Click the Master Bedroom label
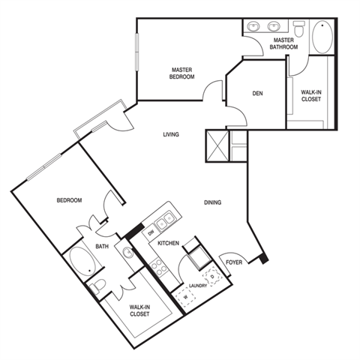click(181, 73)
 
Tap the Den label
click(257, 93)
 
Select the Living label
click(171, 134)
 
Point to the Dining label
click(212, 202)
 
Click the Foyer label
click(234, 262)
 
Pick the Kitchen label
click(168, 243)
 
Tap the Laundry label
click(198, 286)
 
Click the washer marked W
click(186, 298)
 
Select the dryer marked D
click(212, 276)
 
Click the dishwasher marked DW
click(151, 233)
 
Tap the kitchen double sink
click(165, 220)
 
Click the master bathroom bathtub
click(322, 37)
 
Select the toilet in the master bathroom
click(299, 28)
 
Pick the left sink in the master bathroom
click(253, 26)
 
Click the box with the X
click(217, 145)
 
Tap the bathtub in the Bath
click(82, 262)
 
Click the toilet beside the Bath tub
click(97, 286)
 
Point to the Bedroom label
click(69, 200)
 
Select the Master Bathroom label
click(283, 43)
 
